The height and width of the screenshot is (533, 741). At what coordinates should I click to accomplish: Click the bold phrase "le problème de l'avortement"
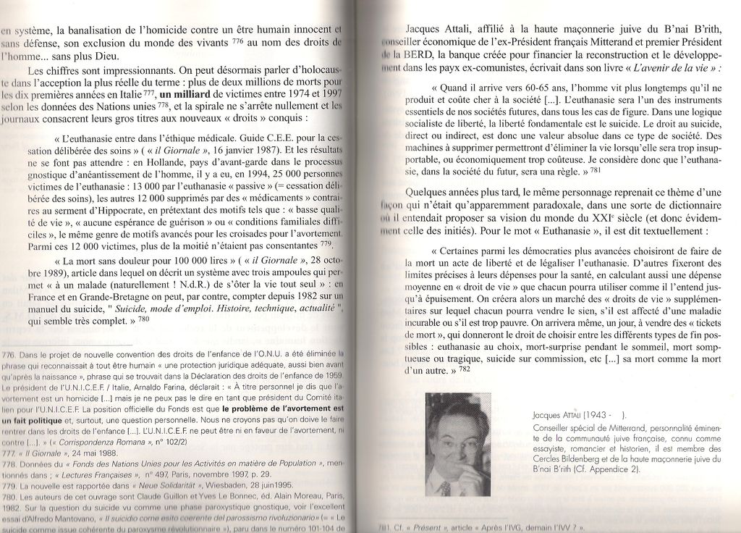[282, 408]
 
